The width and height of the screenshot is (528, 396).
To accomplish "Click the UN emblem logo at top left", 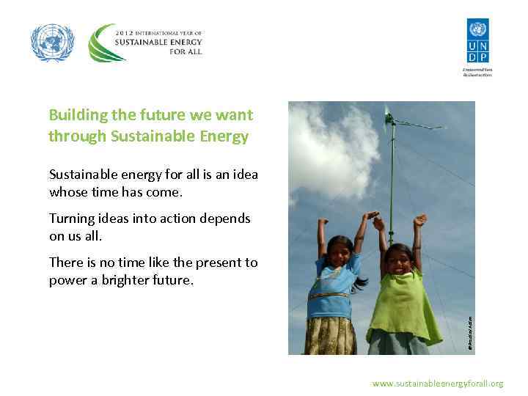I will click(52, 42).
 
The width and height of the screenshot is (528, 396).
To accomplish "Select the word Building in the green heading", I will click(76, 115).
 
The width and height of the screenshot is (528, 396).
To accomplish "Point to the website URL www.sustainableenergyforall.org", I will click(437, 384).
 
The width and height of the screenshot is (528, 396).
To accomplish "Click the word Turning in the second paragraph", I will click(71, 219).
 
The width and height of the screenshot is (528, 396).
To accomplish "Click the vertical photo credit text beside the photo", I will click(470, 331).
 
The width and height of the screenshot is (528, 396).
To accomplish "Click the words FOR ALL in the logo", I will click(184, 51).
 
